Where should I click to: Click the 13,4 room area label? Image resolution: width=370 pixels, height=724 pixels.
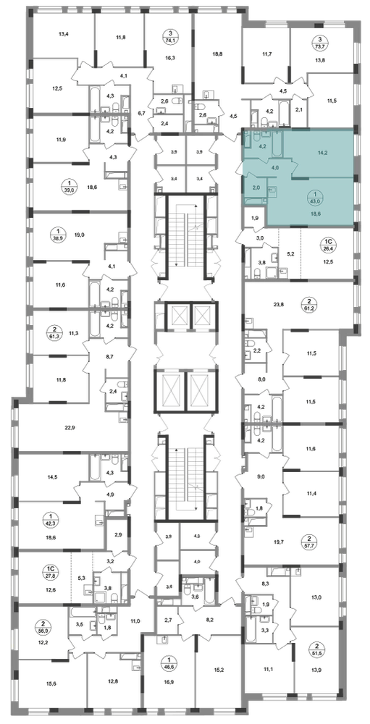64,33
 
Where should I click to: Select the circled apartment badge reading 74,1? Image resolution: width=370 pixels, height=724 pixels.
171,37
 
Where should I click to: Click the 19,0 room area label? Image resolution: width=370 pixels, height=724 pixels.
79,235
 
